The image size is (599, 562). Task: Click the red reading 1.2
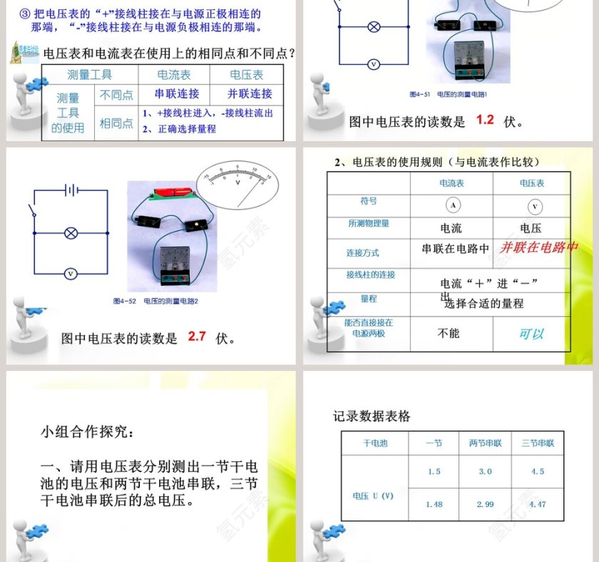pos(485,120)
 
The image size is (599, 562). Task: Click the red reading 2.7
pos(197,337)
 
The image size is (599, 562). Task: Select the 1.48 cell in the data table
pos(434,504)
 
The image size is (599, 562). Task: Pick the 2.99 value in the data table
pos(485,504)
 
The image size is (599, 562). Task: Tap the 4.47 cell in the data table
pos(538,504)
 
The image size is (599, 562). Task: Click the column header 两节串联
pos(485,443)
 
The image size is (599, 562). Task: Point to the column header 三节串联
pos(538,443)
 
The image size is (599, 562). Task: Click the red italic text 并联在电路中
pos(538,247)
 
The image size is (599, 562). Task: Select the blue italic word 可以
pos(531,334)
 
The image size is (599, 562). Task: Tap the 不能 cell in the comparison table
pos(449,333)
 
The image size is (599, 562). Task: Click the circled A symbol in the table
pos(452,205)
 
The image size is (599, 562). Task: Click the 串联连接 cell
pos(177,93)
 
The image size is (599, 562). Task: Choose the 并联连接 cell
pos(250,93)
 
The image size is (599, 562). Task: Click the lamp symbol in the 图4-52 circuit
pos(71,233)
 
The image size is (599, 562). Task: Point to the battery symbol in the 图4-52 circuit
pos(71,190)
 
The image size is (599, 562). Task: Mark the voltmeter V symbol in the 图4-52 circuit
pos(71,274)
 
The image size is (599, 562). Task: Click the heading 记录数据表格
pos(372,417)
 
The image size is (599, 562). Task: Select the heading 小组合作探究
pos(86,431)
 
